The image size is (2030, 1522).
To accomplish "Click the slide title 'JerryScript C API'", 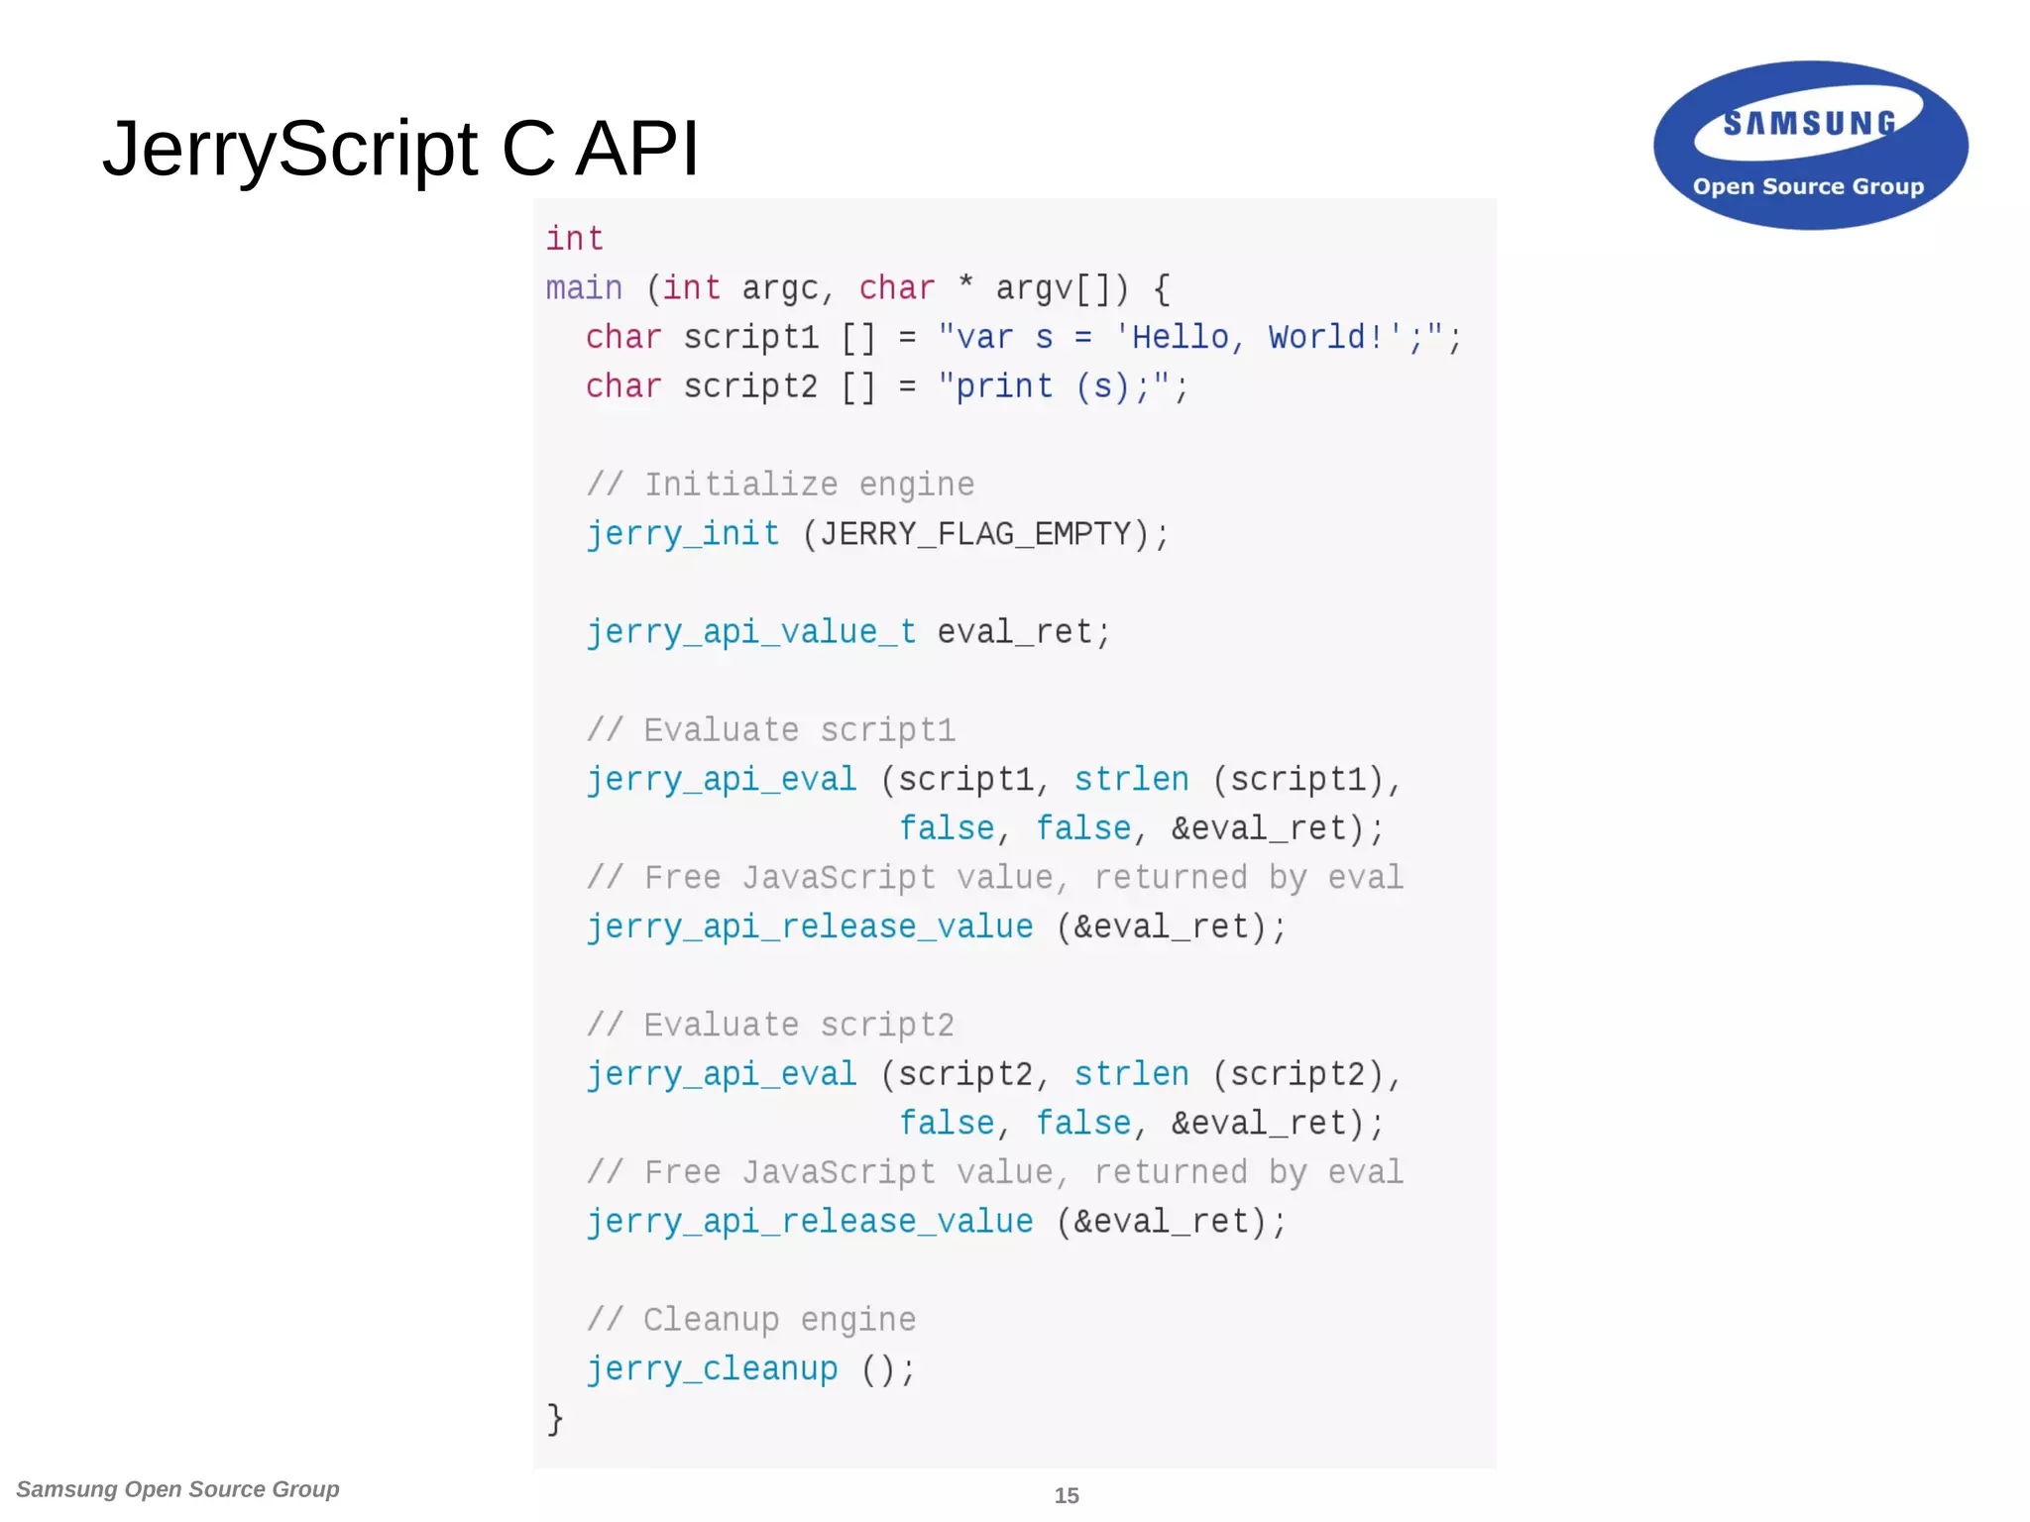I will (400, 149).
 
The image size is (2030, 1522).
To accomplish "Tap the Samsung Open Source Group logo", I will (1810, 146).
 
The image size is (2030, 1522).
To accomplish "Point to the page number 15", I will (1066, 1495).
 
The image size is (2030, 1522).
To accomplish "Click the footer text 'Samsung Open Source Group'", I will (177, 1489).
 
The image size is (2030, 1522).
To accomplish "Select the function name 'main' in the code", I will (584, 288).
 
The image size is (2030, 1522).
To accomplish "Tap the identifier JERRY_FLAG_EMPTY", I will (975, 534).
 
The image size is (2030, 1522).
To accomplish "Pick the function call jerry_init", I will (683, 534).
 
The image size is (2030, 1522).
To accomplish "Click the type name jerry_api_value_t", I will (750, 632).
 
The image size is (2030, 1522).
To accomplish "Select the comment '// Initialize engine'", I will (780, 485).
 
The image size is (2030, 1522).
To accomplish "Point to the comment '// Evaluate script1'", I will (770, 730).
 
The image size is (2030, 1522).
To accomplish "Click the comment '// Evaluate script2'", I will (770, 1025).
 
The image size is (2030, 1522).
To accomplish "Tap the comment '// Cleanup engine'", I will (750, 1320).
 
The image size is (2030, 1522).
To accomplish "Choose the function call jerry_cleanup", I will (712, 1369).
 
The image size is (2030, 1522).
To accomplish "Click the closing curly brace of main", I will (555, 1418).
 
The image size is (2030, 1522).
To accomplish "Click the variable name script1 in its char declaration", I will (750, 337).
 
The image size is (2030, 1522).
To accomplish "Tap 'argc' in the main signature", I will (780, 288).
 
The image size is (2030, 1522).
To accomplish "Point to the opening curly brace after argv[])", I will (1162, 288).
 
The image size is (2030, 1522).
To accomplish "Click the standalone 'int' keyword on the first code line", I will (574, 239).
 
